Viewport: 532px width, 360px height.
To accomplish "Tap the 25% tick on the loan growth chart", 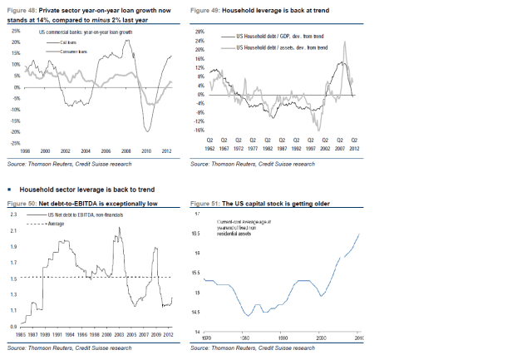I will [15, 30].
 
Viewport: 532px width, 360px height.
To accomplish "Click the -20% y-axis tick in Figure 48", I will [14, 131].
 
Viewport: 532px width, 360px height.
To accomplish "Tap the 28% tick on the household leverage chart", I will [199, 30].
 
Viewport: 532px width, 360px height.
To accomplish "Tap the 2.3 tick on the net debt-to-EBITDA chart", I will [13, 215].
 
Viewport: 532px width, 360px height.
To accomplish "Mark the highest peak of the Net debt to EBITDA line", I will [112, 228].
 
